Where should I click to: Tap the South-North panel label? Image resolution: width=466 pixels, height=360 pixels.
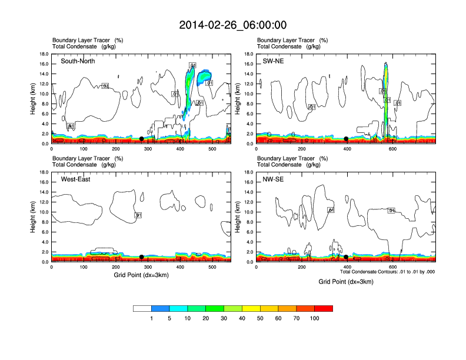coord(78,61)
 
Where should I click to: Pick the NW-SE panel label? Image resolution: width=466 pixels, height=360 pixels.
coord(274,179)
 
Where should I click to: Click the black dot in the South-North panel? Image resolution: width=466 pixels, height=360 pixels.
coord(142,139)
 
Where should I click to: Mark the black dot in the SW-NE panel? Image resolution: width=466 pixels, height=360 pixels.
coord(346,139)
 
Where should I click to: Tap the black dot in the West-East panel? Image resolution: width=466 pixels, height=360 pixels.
coord(142,257)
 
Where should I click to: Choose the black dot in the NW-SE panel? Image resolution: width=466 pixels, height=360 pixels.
coord(346,257)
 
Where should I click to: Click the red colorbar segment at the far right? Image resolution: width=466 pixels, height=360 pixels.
coord(324,308)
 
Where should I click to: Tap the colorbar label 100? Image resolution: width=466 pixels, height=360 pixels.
coord(314,318)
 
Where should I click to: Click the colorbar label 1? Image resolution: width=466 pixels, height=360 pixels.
coord(151,318)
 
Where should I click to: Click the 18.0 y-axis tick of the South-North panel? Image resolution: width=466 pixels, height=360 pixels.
coord(44,54)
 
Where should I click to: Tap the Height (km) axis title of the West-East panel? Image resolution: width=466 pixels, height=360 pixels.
coord(34,217)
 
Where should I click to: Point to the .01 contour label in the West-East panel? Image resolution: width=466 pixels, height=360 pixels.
coord(138,215)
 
